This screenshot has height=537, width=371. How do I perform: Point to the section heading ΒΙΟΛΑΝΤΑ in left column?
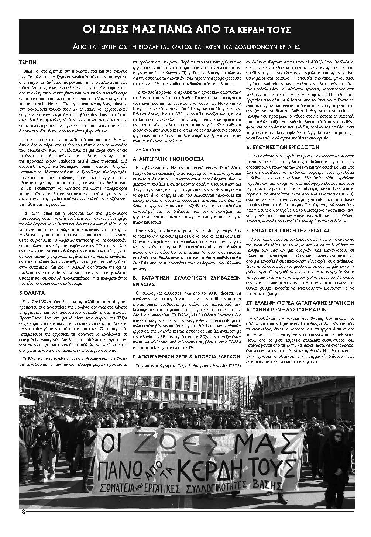click(31, 293)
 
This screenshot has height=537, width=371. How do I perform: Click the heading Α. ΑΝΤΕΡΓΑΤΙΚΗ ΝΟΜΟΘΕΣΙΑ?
click(168, 159)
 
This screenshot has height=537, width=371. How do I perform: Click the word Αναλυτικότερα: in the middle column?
click(150, 150)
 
